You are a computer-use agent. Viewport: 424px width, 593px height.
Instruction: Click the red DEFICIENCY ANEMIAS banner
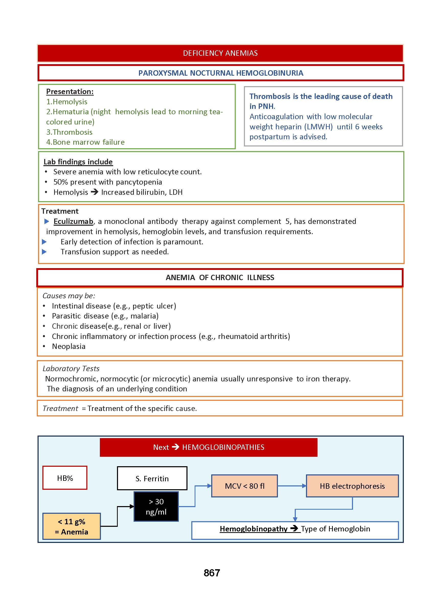coord(220,53)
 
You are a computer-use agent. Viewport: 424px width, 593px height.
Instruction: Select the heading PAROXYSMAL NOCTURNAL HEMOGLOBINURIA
coord(221,73)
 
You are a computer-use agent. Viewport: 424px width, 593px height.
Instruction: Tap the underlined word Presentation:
coord(70,92)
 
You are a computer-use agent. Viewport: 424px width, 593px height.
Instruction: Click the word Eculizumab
coord(73,221)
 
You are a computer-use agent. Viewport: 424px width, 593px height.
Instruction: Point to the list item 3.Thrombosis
coord(69,132)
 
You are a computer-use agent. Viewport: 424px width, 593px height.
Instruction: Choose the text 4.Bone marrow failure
coord(85,142)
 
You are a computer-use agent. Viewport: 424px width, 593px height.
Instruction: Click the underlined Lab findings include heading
coord(78,162)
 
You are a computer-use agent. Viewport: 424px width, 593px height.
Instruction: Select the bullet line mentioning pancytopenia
coord(108,182)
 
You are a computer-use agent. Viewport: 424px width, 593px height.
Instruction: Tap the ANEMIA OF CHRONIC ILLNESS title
coord(220,277)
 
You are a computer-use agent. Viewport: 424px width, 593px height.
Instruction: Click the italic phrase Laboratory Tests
coord(71,368)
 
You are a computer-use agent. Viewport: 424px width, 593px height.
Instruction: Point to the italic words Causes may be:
coord(69,295)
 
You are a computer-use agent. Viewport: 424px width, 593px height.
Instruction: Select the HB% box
coord(65,478)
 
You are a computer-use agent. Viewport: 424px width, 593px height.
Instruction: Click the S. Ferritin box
coord(152,478)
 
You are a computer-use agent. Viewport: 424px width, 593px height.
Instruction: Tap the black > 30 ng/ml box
coord(156,507)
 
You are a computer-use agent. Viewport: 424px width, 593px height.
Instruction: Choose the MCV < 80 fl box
coord(244,486)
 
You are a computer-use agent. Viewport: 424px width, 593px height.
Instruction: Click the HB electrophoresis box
coord(352,486)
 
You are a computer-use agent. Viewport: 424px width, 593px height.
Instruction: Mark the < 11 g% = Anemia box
coord(72,526)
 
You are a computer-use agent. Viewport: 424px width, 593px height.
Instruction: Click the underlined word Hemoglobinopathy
coord(253,529)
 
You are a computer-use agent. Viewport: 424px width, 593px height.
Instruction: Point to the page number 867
coord(212,573)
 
